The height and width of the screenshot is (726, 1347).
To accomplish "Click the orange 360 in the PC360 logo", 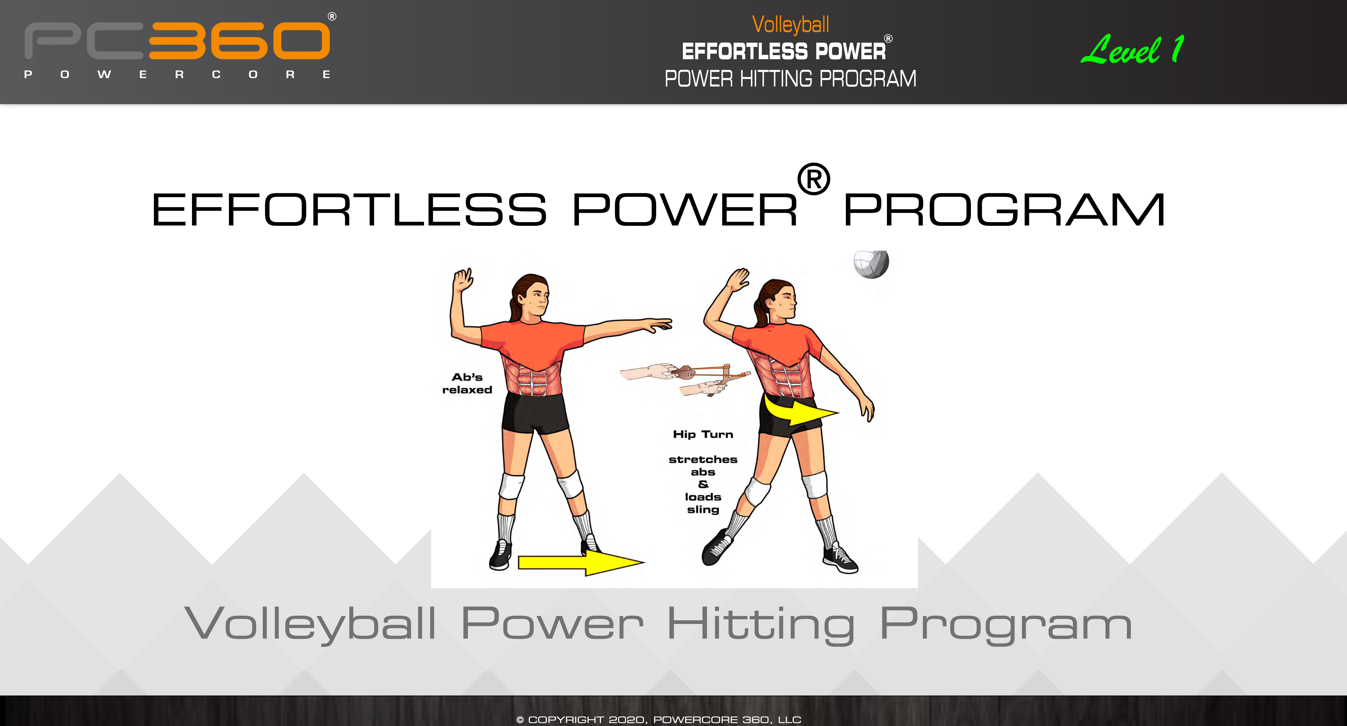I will click(239, 41).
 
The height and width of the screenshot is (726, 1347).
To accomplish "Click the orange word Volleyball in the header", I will click(790, 25).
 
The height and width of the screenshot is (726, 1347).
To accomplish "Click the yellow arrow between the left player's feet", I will click(580, 563).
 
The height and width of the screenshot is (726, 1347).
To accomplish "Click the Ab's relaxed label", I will click(467, 384).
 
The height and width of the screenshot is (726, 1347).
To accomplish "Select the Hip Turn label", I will click(703, 434).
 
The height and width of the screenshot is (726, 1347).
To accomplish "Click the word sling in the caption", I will click(703, 509).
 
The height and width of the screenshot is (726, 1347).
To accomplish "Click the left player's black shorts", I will click(535, 413).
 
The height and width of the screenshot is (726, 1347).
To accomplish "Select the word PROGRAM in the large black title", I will click(1004, 210).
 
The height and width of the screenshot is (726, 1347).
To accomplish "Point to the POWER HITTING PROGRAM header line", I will click(790, 79).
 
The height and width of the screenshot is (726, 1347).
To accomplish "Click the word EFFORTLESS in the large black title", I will click(349, 210).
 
